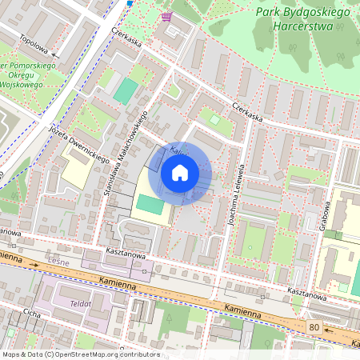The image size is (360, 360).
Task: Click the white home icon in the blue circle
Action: (180, 172)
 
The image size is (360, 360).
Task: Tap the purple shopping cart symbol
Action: (166, 16)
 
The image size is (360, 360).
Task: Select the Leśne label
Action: (58, 270)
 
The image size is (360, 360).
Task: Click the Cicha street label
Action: (31, 314)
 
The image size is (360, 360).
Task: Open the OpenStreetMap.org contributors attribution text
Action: (81, 354)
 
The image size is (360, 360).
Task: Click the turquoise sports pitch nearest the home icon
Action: (150, 204)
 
